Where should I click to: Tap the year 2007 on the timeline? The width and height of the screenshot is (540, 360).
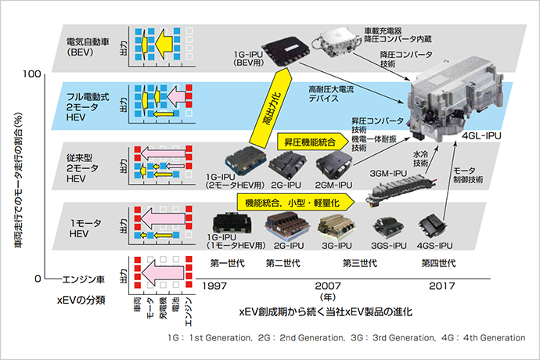[x=329, y=286]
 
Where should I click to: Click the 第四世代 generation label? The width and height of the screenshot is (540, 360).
[x=435, y=263]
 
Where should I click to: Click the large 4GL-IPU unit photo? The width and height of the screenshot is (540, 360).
[x=458, y=98]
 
